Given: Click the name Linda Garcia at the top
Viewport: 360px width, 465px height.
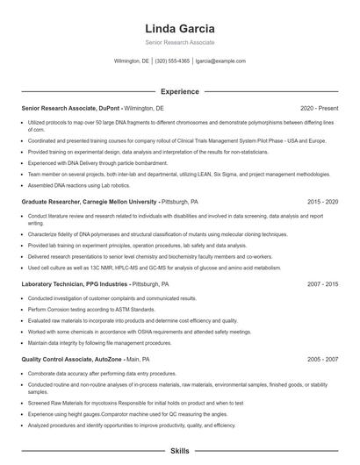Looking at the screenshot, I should pyautogui.click(x=179, y=26).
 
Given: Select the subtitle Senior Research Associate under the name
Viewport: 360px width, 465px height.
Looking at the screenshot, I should pyautogui.click(x=179, y=42).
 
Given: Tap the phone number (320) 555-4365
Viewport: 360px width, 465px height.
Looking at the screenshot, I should pyautogui.click(x=172, y=61).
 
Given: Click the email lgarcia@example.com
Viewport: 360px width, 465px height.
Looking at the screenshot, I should pyautogui.click(x=220, y=61).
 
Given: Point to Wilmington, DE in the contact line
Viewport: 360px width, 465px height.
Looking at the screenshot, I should pyautogui.click(x=132, y=61).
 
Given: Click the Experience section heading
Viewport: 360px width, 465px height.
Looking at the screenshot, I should pyautogui.click(x=179, y=91).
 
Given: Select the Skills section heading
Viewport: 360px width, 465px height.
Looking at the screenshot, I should pyautogui.click(x=179, y=450).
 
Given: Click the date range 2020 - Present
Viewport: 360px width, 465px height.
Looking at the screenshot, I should pyautogui.click(x=319, y=108).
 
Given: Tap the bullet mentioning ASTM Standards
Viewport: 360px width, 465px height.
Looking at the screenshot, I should pyautogui.click(x=79, y=310).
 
